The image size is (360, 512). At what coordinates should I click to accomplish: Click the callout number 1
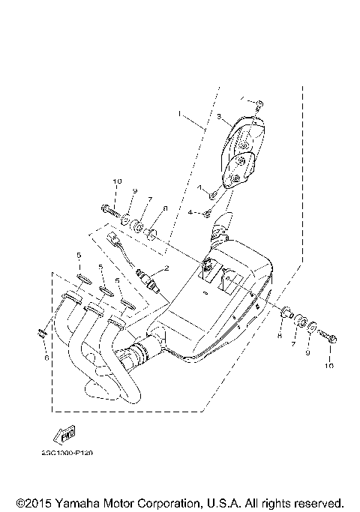[x=181, y=114]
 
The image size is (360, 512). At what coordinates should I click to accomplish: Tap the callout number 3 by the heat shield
[x=220, y=118]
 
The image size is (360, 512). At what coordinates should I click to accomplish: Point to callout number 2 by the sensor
[x=166, y=267]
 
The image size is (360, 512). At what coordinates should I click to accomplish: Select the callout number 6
[x=46, y=358]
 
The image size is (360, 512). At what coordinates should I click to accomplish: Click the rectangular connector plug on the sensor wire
[x=115, y=241]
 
